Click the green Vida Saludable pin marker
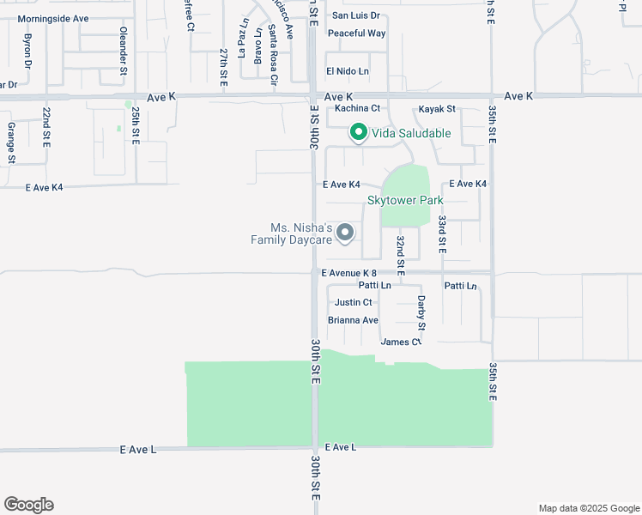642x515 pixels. [x=358, y=132]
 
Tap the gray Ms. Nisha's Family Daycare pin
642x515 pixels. [x=345, y=233]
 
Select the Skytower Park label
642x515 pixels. [x=405, y=200]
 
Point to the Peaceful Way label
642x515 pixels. [x=356, y=33]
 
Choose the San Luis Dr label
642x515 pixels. [x=355, y=15]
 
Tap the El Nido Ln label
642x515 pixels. [x=347, y=71]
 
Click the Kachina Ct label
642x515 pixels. [x=357, y=108]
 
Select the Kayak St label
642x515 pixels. [x=437, y=109]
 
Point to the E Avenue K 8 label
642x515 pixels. [x=349, y=273]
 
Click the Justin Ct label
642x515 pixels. [x=354, y=302]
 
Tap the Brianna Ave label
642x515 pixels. [x=354, y=320]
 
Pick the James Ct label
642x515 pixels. [x=401, y=342]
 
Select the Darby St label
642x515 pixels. [x=421, y=313]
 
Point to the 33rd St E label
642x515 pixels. [x=442, y=232]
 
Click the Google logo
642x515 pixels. [x=28, y=505]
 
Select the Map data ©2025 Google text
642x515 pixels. [x=588, y=508]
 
